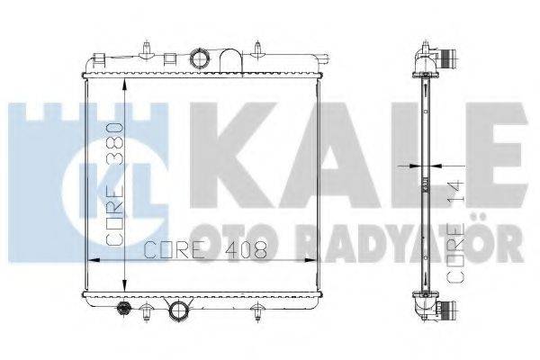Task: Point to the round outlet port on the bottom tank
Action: coord(178,311)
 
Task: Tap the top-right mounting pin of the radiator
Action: coord(258,47)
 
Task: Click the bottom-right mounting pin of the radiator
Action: coord(259,311)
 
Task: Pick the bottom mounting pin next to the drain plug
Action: coord(142,312)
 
